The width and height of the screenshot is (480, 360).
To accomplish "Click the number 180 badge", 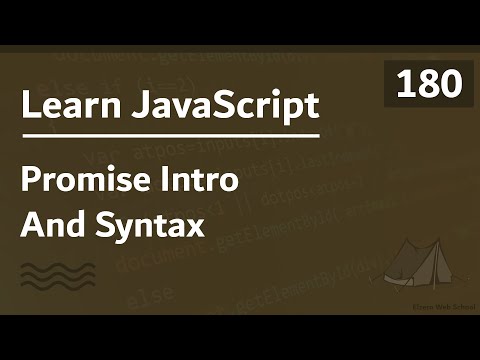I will (428, 86).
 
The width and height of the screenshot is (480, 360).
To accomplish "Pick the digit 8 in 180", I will (428, 86).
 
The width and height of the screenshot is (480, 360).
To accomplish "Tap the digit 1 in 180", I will (406, 86).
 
